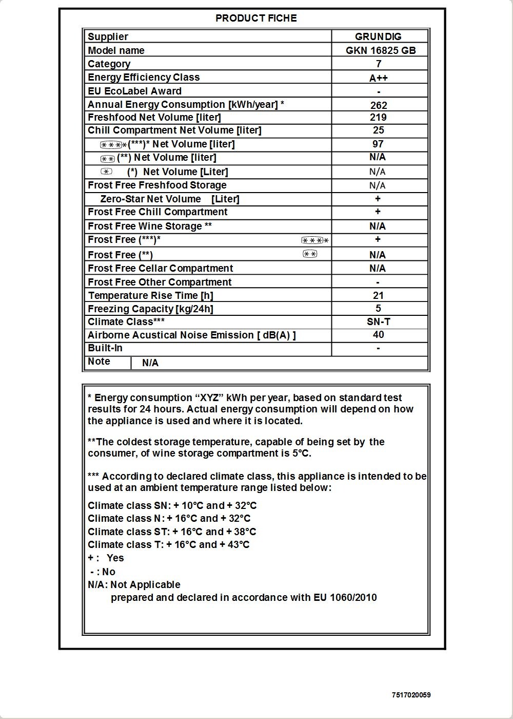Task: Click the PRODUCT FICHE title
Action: (256, 18)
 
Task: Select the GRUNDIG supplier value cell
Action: (379, 36)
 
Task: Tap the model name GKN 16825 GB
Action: (381, 50)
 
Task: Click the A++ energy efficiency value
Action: (379, 78)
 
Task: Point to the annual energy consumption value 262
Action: (379, 105)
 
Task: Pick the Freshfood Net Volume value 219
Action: (379, 117)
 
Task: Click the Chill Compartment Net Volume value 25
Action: (379, 130)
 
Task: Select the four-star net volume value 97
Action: (378, 144)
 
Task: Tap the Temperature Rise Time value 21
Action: (379, 295)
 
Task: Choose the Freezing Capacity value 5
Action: (379, 308)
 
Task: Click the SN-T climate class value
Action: (379, 321)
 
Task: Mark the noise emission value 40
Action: (379, 335)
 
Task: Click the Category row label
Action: (109, 64)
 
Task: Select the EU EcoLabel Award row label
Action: (135, 91)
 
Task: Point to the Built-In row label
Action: (105, 348)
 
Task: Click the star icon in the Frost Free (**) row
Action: (310, 254)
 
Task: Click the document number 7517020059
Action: (411, 695)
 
